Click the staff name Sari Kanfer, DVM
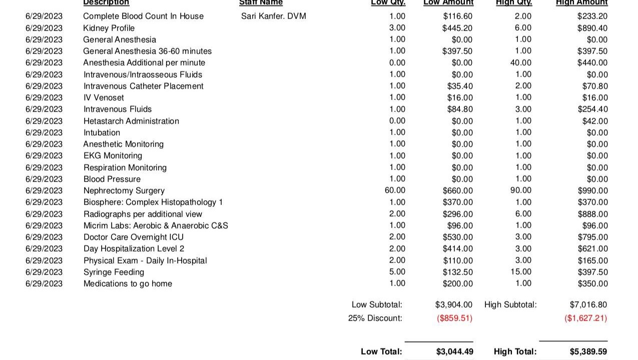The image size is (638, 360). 273,16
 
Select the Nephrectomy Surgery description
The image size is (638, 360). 124,190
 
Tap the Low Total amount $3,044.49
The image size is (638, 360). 454,351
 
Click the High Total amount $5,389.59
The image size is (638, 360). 588,351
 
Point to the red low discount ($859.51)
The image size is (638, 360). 454,318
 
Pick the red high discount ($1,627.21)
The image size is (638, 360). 585,318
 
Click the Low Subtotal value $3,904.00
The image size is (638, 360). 453,304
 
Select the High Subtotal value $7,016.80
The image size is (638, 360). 588,304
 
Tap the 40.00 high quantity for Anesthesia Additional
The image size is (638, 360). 520,62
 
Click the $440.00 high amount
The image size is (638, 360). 592,62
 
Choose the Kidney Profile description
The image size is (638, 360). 109,28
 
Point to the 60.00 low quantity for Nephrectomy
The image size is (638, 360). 395,190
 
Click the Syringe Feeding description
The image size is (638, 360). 114,272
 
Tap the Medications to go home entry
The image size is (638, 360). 128,283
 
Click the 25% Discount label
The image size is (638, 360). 375,318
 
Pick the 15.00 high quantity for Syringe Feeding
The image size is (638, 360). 520,272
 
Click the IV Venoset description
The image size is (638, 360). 104,97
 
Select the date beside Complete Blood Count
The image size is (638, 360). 44,16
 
